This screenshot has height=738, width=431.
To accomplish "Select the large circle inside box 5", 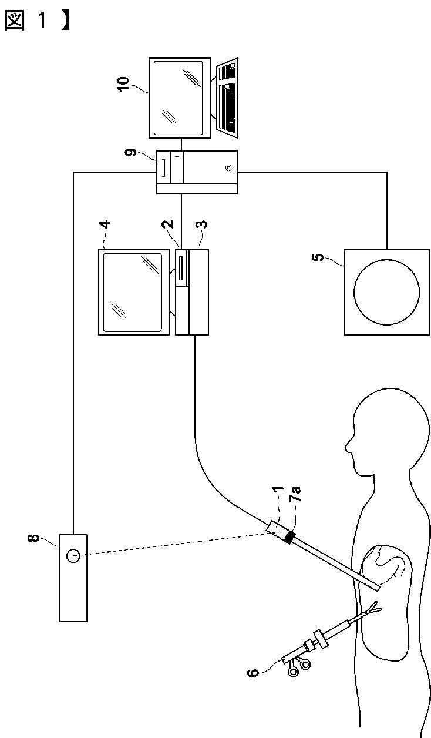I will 386,291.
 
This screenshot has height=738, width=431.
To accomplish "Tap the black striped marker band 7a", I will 289,537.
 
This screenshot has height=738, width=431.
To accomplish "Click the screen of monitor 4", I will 132,292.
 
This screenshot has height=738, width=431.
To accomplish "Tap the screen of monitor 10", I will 179,96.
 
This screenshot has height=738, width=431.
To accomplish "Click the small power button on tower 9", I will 227,169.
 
